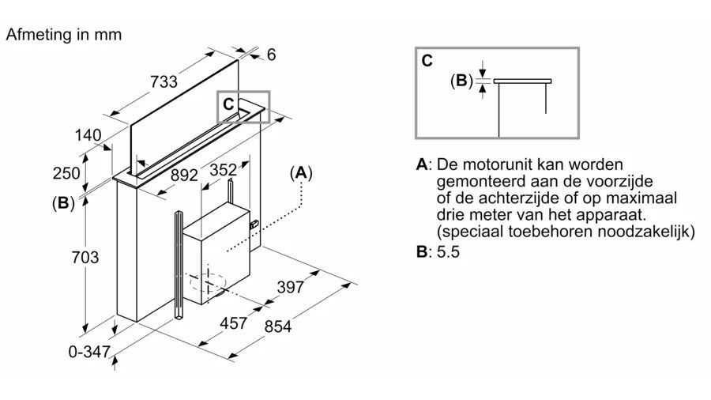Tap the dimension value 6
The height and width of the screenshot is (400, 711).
pos(271,55)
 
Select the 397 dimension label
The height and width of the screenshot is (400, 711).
pos(291,288)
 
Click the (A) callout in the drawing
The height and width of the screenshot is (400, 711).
pos(301,173)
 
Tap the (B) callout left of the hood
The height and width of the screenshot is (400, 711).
pos(63,203)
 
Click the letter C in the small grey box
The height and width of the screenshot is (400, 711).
pos(228,104)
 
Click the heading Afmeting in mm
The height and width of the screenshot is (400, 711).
pos(63,35)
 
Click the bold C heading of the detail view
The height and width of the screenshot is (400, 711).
pos(427,61)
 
